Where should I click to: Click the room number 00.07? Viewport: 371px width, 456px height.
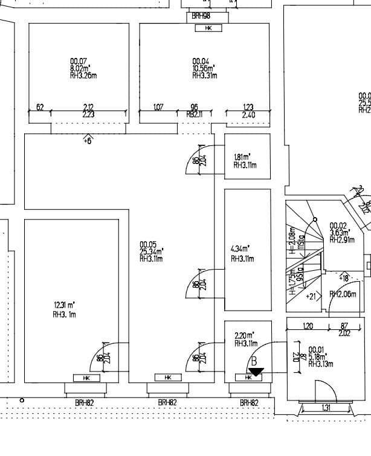pyautogui.click(x=78, y=62)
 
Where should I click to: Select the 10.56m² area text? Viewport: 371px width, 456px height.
pyautogui.click(x=204, y=69)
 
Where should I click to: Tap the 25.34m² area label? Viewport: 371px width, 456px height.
pyautogui.click(x=151, y=252)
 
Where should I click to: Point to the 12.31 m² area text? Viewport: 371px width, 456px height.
pyautogui.click(x=64, y=305)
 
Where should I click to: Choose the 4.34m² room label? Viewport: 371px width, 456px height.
pyautogui.click(x=240, y=248)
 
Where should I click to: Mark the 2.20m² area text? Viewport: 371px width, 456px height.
pyautogui.click(x=244, y=335)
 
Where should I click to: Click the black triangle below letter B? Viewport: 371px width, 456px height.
pyautogui.click(x=256, y=372)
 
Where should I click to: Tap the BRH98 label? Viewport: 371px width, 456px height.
pyautogui.click(x=201, y=16)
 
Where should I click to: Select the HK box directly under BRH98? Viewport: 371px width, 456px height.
pyautogui.click(x=208, y=28)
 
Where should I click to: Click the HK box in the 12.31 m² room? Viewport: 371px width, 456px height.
pyautogui.click(x=86, y=378)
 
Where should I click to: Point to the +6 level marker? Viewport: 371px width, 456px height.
pyautogui.click(x=88, y=141)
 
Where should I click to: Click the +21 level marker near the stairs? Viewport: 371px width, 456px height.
pyautogui.click(x=311, y=296)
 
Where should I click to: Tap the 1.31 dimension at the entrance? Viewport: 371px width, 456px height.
pyautogui.click(x=326, y=408)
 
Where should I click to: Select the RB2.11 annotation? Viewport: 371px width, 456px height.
pyautogui.click(x=193, y=115)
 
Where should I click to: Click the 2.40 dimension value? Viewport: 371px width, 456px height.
pyautogui.click(x=248, y=115)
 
